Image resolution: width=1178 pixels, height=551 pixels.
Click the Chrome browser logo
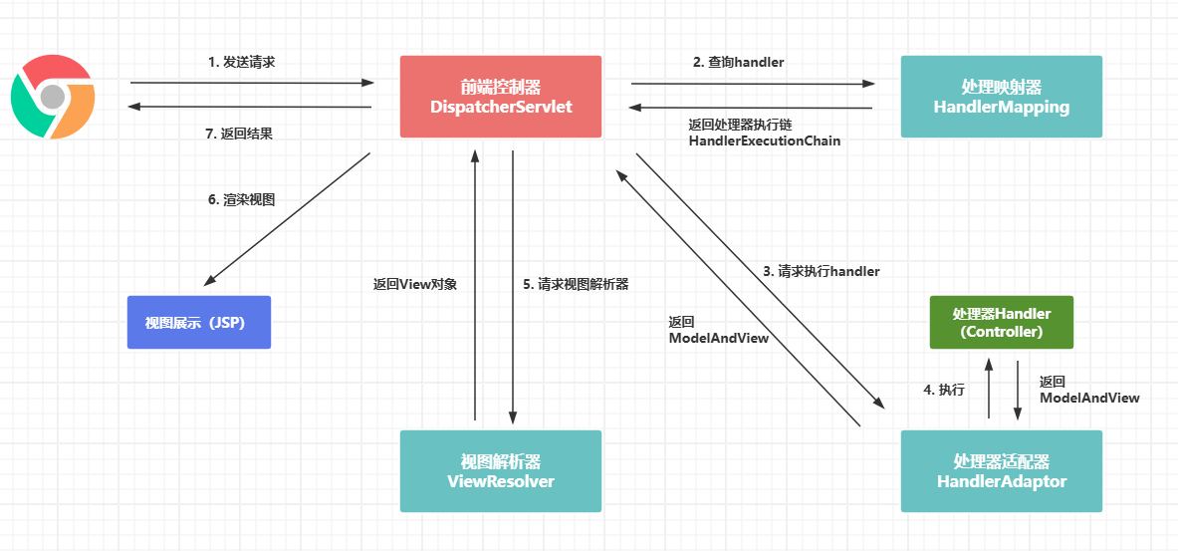click(53, 97)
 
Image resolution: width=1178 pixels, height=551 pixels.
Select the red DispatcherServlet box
click(500, 97)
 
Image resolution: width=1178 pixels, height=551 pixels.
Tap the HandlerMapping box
click(1002, 97)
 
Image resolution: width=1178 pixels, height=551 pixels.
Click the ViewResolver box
click(500, 471)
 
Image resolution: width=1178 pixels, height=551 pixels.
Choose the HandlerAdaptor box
click(1002, 471)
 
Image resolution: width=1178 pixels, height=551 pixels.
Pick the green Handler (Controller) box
click(1002, 322)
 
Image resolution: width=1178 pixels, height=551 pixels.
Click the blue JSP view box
click(198, 322)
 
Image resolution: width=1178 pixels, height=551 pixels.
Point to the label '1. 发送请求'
click(241, 62)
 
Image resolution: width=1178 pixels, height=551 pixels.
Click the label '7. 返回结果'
click(239, 134)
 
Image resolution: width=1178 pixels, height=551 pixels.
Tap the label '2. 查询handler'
click(738, 63)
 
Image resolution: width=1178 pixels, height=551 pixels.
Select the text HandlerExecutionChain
click(764, 140)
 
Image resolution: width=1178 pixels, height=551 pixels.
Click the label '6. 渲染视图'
click(241, 200)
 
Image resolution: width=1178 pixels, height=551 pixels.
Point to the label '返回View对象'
click(414, 285)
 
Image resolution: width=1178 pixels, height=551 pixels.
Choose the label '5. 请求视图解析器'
click(576, 285)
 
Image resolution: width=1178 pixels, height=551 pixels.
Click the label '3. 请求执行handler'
click(822, 271)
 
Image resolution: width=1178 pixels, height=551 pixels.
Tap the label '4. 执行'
click(944, 391)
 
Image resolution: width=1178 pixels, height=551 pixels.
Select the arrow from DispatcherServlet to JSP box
click(287, 219)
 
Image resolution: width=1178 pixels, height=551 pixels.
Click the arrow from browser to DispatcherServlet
click(252, 83)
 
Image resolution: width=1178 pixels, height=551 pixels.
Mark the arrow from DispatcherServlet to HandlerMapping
click(754, 84)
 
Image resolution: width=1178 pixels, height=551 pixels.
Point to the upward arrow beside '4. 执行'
click(989, 388)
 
